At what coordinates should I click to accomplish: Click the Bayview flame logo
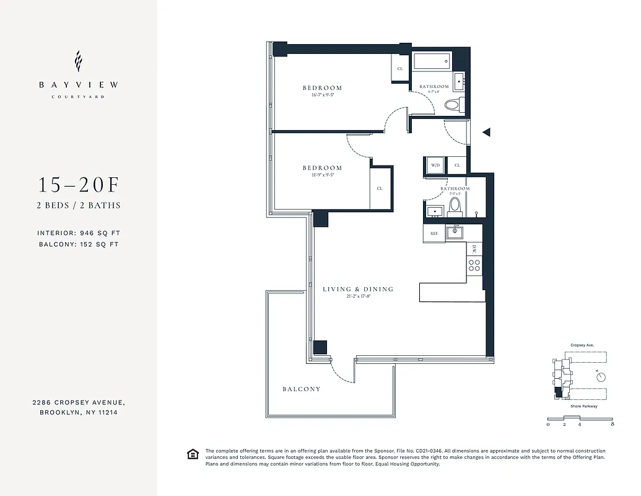coord(78,61)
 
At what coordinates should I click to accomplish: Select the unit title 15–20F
coord(78,185)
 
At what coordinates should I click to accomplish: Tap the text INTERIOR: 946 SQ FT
coord(79,233)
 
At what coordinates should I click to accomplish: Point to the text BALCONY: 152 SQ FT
coord(78,244)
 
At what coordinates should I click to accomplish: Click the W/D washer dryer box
coord(435,166)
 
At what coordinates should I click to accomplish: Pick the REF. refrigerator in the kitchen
coord(434,233)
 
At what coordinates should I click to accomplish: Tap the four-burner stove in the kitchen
coord(474,265)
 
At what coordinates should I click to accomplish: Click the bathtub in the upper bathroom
coord(433,62)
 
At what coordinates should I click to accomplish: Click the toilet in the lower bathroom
coord(455,205)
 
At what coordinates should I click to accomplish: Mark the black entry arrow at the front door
coord(486,131)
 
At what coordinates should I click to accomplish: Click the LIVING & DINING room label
coord(358,289)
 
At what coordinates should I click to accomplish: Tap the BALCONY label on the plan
coord(302,389)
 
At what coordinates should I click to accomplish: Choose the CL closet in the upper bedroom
coord(399,68)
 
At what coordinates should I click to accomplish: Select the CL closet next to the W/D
coord(457,166)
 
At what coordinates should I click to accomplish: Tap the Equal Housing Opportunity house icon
coord(193,454)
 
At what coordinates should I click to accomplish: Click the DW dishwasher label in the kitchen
coord(474,249)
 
